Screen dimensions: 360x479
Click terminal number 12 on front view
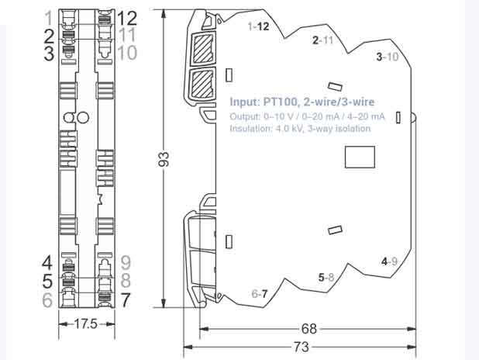126,17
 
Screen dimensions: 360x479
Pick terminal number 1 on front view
49,17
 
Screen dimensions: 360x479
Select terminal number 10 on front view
127,53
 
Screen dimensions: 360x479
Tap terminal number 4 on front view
48,262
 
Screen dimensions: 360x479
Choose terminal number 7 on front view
126,299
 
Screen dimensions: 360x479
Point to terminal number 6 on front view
48,299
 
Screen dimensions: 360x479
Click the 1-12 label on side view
259,26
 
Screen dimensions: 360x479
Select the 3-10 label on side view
387,57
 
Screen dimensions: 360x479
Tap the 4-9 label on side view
389,261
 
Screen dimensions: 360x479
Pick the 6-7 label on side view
260,294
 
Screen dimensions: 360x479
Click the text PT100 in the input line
278,102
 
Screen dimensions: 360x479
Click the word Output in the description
246,116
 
